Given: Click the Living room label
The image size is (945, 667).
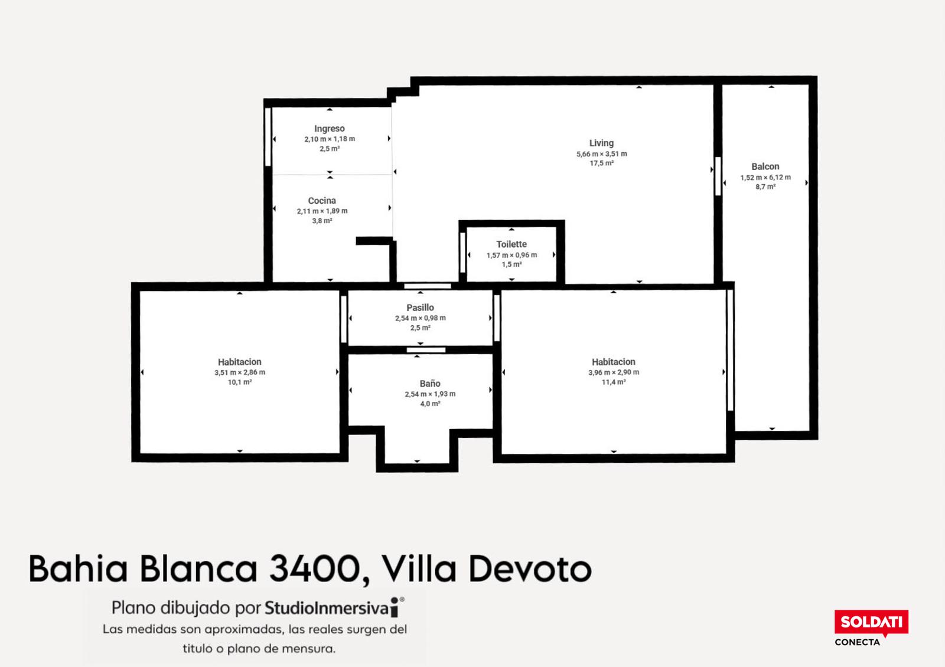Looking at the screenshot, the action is tap(601, 143).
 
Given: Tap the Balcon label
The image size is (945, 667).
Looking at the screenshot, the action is tap(765, 166).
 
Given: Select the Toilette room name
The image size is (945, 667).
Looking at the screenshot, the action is tap(511, 244).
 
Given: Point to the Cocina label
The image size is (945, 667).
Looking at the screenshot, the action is tap(322, 201).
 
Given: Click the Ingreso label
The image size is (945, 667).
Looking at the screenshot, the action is tap(330, 129).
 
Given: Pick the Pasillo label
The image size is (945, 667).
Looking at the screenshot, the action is tap(420, 308).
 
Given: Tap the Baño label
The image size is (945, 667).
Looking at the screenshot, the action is tap(430, 384).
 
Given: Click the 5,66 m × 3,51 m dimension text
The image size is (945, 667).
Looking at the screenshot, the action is tap(602, 154).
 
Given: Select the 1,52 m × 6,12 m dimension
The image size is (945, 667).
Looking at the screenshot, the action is tap(765, 178).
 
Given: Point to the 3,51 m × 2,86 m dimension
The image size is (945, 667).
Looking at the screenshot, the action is tap(240, 372).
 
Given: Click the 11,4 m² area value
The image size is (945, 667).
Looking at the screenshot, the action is tap(614, 382).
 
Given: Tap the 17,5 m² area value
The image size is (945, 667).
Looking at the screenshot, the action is tap(602, 163).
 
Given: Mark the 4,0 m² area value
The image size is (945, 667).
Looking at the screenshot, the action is tap(430, 404).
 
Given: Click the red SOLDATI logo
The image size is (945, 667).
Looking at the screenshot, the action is tap(871, 622).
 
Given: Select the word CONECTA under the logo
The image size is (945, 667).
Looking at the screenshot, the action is tap(857, 642).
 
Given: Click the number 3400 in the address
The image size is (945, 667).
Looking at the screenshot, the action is tap(314, 569).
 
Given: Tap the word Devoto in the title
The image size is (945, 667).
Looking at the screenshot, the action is tap(530, 569).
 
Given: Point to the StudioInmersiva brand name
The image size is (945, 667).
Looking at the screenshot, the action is tap(327, 608).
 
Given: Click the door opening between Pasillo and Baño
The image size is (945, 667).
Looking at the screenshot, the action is tap(426, 350).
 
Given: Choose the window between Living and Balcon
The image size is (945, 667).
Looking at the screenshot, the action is tap(718, 176).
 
